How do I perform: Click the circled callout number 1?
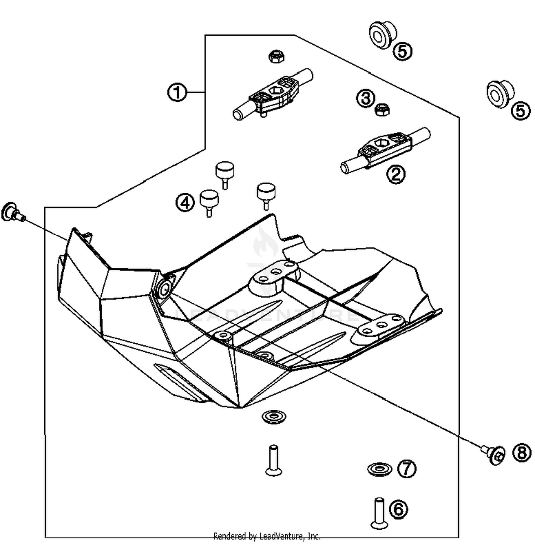coord(177,92)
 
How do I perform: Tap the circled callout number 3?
coord(366,98)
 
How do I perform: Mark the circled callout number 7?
coord(407,468)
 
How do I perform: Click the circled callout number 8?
coord(521,453)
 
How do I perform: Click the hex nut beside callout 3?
coord(382,110)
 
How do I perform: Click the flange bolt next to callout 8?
coord(495,455)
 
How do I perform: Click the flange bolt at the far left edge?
coord(12,212)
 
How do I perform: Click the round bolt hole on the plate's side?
coord(165,290)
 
